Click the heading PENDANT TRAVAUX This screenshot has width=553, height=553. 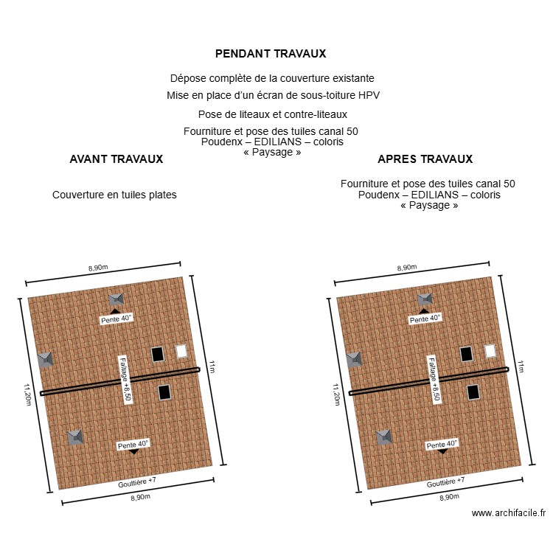point(271,54)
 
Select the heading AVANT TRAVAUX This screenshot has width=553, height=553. point(116,159)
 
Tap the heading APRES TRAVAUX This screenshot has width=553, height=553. point(425,159)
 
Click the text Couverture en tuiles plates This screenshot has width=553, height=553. point(114,195)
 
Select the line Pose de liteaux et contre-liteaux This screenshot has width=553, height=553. point(272,114)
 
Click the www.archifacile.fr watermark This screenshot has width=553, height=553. point(508,513)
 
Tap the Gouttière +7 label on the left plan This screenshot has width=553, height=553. point(137,482)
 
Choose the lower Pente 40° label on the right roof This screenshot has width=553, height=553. point(442,445)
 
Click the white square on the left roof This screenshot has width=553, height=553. point(181,351)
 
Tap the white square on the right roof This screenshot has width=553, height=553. point(490,351)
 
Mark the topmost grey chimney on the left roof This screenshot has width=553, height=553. point(116,299)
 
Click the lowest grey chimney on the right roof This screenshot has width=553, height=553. point(384,437)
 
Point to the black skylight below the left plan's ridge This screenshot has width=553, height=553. point(164,392)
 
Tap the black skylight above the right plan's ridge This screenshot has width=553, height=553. point(466,354)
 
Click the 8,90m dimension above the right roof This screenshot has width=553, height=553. point(407,268)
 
